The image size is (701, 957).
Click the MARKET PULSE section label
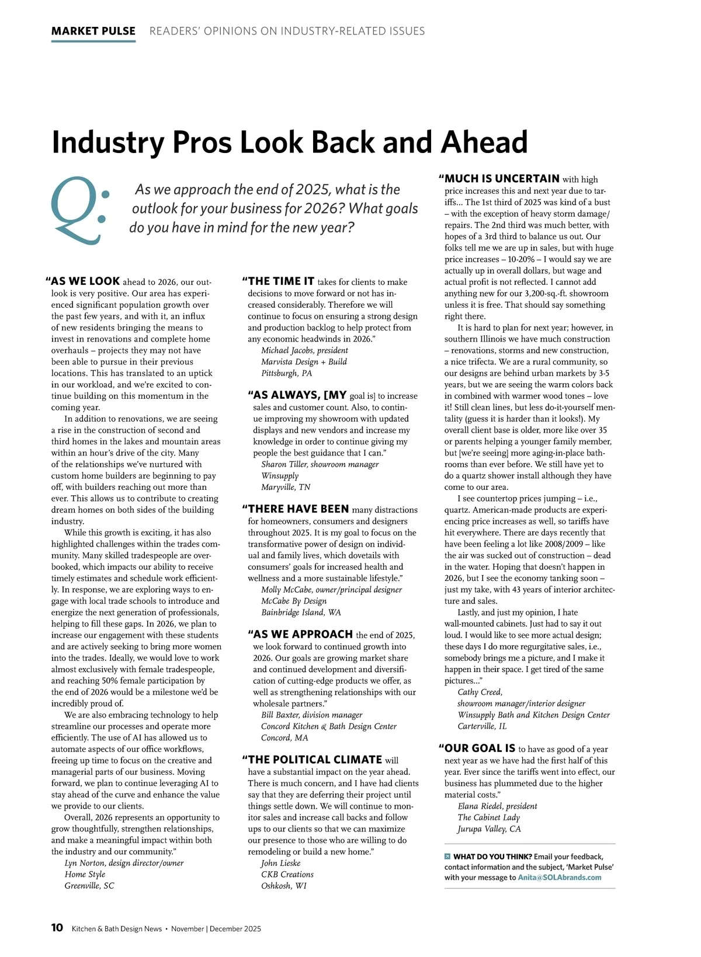pyautogui.click(x=93, y=31)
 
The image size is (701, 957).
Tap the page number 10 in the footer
pyautogui.click(x=57, y=928)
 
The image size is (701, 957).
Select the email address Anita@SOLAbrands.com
pyautogui.click(x=559, y=878)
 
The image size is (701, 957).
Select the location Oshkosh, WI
pyautogui.click(x=283, y=886)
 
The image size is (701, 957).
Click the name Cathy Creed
pyautogui.click(x=479, y=692)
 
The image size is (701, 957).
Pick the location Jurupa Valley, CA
pyautogui.click(x=489, y=829)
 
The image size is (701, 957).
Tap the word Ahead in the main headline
pyautogui.click(x=484, y=142)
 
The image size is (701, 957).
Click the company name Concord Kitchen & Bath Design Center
pyautogui.click(x=328, y=726)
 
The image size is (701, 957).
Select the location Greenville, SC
pyautogui.click(x=89, y=886)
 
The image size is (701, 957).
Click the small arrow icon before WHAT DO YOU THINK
pyautogui.click(x=447, y=857)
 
